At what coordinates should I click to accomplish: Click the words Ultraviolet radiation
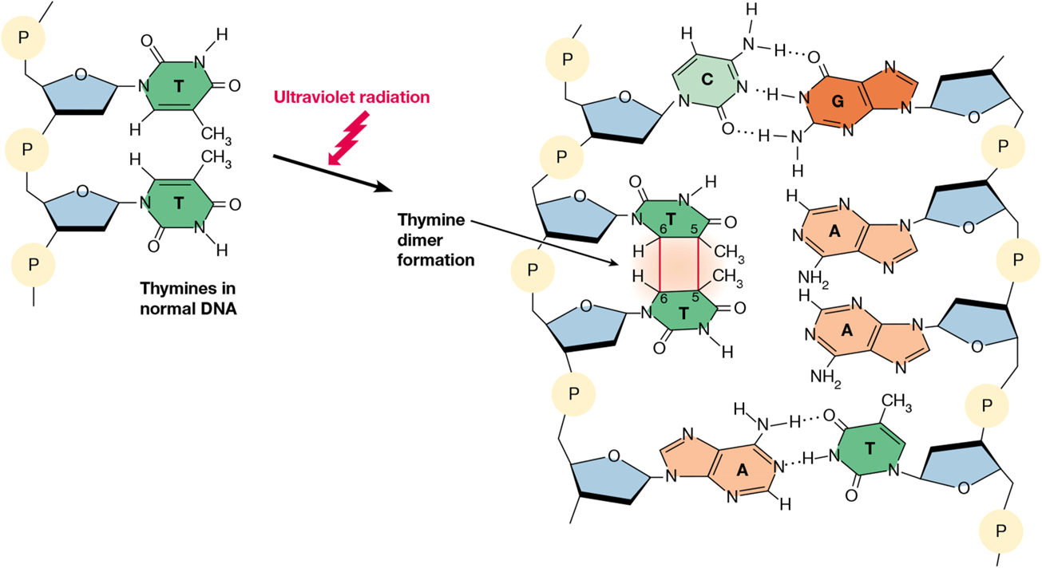[351, 97]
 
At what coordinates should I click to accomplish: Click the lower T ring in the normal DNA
[178, 203]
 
